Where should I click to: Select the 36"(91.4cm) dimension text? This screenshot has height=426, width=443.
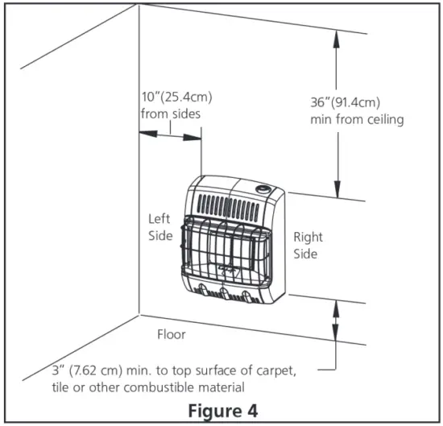(346, 103)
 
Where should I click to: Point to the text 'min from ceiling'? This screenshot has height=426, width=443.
(356, 119)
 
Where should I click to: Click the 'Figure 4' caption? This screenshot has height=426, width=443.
(221, 409)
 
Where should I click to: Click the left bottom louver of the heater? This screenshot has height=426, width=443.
(204, 292)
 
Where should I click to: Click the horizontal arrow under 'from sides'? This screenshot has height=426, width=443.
(171, 137)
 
